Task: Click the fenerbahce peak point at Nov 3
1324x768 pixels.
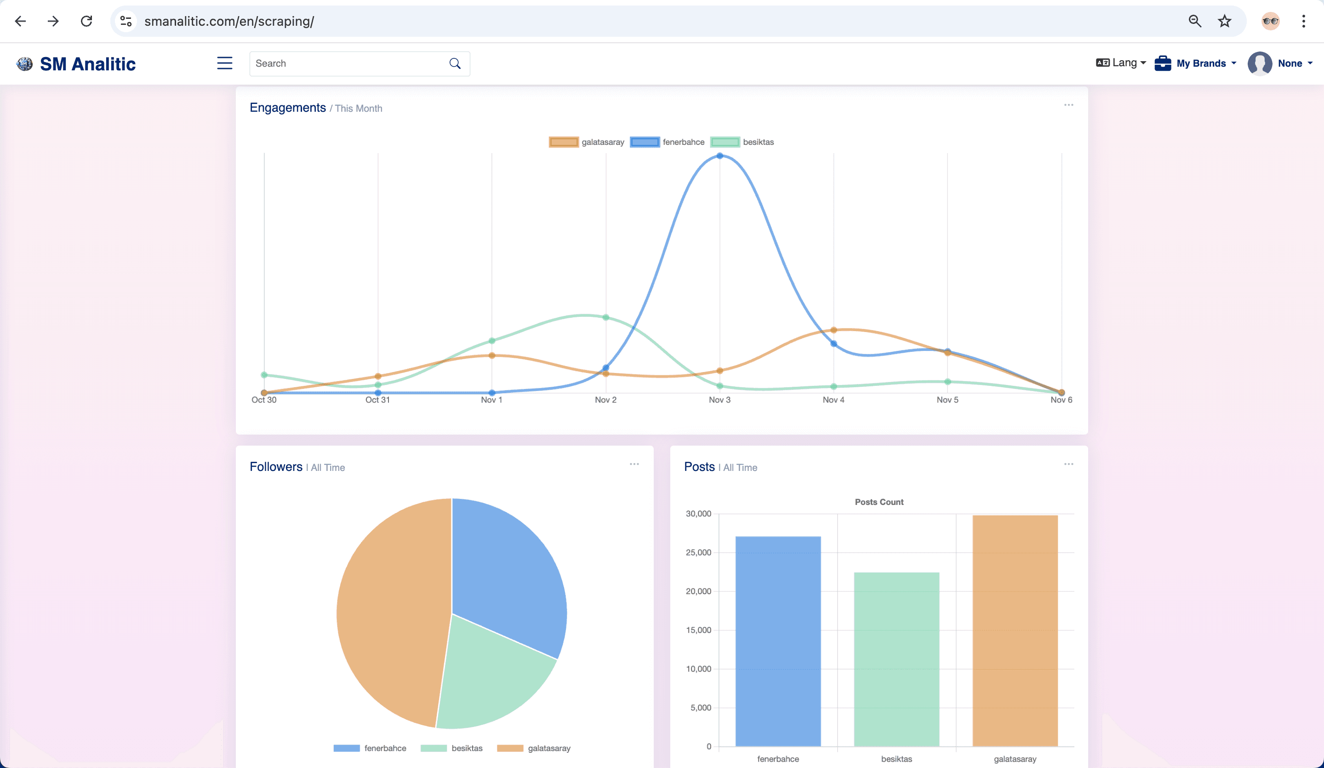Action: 720,155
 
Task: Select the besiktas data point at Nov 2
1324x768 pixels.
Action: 606,317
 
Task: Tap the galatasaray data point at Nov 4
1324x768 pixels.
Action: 834,330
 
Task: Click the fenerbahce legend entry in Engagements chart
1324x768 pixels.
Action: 667,142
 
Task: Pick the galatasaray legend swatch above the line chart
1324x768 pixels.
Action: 564,142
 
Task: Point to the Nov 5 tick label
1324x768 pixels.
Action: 947,400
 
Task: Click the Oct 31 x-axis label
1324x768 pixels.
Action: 378,400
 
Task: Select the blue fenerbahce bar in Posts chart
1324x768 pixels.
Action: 778,642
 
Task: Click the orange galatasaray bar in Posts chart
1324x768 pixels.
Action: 1015,631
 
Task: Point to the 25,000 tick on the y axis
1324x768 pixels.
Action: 698,552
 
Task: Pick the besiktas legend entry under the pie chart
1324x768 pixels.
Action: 451,748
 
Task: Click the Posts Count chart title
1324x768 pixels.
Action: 879,502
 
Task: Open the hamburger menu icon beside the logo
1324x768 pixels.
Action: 225,63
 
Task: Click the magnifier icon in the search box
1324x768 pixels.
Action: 455,63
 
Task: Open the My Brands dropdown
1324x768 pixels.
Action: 1195,63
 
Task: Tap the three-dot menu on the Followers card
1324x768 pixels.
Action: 634,464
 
